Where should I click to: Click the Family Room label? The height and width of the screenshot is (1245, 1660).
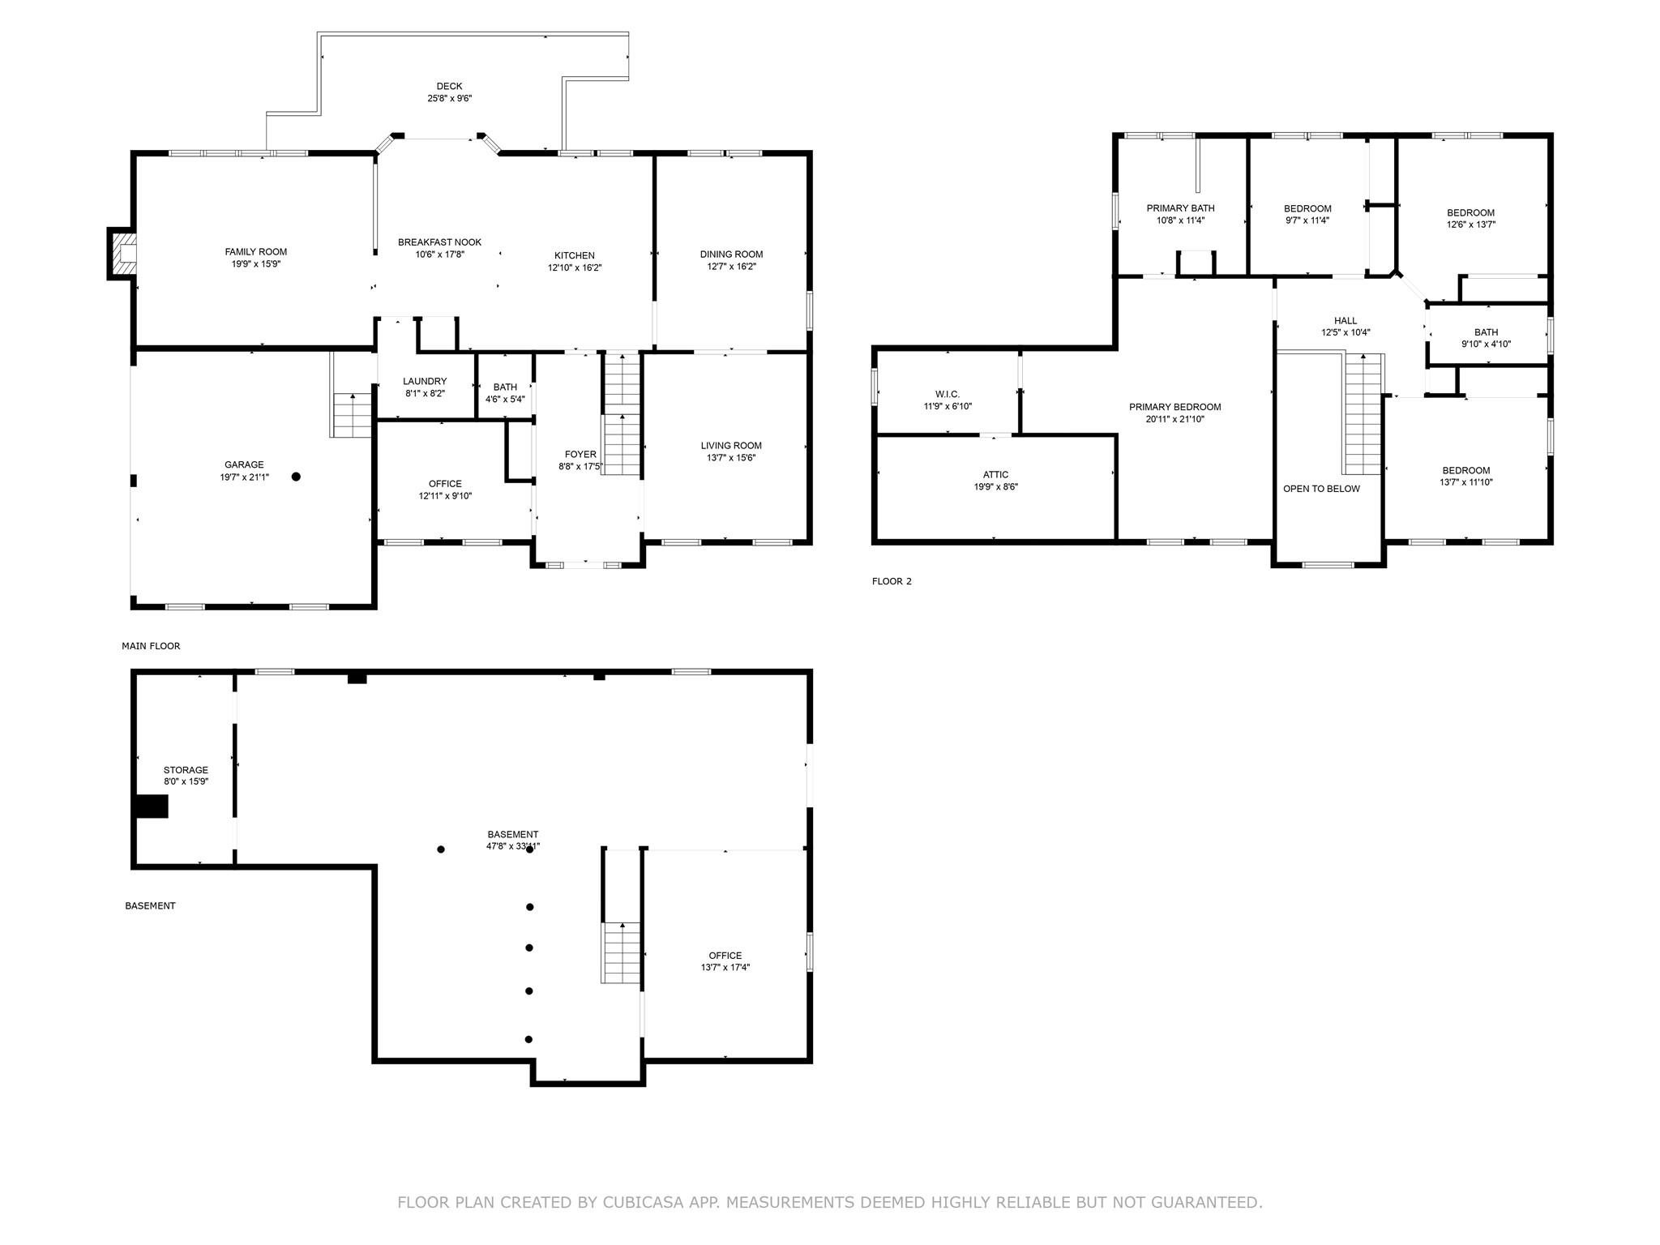[x=256, y=252]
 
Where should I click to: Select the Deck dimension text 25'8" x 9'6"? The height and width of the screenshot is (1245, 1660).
[x=450, y=98]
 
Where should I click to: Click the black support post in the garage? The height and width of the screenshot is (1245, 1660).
[x=296, y=477]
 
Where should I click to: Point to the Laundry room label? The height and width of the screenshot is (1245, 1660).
[x=425, y=381]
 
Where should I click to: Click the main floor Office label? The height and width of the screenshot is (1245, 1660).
[x=445, y=484]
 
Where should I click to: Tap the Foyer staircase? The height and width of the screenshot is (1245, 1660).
[x=622, y=413]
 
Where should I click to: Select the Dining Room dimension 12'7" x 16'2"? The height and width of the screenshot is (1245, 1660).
[x=732, y=267]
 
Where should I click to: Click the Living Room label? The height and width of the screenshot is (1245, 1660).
[x=731, y=445]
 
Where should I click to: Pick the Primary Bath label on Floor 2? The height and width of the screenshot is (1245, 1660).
[x=1180, y=208]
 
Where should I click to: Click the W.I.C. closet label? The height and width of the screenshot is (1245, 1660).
[x=948, y=395]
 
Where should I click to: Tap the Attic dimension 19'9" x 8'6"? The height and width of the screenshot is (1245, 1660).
[x=996, y=487]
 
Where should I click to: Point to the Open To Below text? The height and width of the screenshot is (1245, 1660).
[x=1321, y=489]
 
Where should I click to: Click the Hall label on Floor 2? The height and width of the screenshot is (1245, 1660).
[x=1346, y=321]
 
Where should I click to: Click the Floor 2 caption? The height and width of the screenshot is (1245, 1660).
[x=892, y=581]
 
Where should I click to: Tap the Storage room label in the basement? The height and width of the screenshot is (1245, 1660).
[x=186, y=770]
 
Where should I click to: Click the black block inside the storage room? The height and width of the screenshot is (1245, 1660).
[x=152, y=806]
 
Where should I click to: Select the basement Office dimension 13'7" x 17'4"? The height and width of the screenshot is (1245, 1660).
[x=725, y=967]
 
